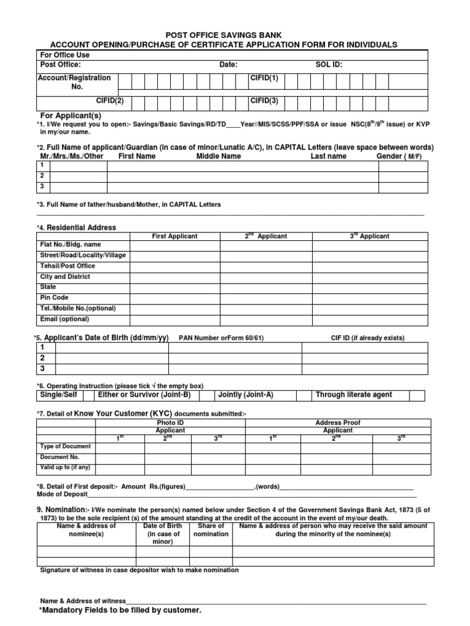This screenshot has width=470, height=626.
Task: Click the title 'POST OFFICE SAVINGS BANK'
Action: pyautogui.click(x=224, y=35)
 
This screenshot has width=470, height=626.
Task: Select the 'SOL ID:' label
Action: pyautogui.click(x=329, y=65)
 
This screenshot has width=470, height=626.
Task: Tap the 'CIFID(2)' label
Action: pyautogui.click(x=110, y=100)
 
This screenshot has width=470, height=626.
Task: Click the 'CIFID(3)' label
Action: pyautogui.click(x=264, y=100)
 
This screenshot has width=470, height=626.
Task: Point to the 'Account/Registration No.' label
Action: pyautogui.click(x=75, y=82)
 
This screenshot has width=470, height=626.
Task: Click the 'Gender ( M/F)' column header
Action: pyautogui.click(x=399, y=156)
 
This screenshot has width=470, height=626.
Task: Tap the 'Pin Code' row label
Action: pyautogui.click(x=54, y=298)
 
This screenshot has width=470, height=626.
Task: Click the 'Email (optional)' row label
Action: pyautogui.click(x=64, y=319)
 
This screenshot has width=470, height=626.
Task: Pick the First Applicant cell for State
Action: pyautogui.click(x=174, y=287)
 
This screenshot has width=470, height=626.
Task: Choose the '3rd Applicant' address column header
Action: pyautogui.click(x=369, y=236)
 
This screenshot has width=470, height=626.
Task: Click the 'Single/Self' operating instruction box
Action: pyautogui.click(x=58, y=395)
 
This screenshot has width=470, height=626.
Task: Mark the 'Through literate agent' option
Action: pyautogui.click(x=354, y=395)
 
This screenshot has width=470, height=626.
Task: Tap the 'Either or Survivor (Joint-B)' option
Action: pyautogui.click(x=144, y=395)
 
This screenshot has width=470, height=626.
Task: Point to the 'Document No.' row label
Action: pyautogui.click(x=60, y=457)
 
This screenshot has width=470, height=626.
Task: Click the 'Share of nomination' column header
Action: pyautogui.click(x=211, y=530)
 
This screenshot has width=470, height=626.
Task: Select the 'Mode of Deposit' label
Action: pyautogui.click(x=62, y=495)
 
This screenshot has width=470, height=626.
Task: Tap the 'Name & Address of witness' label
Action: pyautogui.click(x=83, y=601)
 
